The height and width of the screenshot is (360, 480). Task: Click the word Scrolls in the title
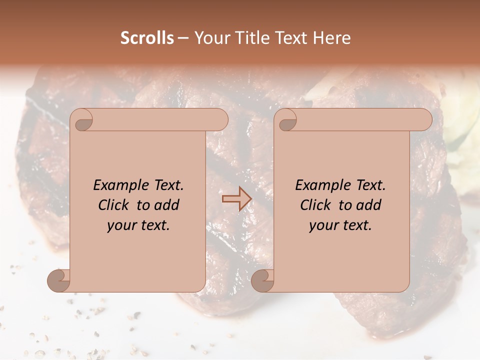tap(147, 38)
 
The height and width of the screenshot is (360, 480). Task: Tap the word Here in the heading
tap(332, 38)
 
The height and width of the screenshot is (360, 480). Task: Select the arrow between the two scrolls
tap(236, 199)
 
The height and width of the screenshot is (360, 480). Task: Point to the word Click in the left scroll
tap(115, 205)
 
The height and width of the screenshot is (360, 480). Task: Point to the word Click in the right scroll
tap(317, 205)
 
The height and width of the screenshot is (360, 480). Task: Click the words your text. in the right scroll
tap(340, 225)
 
